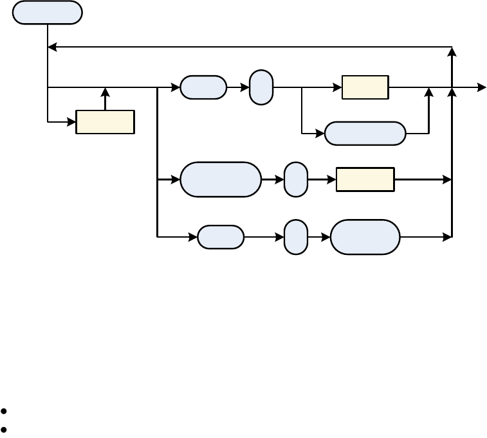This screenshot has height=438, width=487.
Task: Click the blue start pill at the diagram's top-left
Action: point(48,13)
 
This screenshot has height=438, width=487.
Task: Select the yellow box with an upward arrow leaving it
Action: point(105,122)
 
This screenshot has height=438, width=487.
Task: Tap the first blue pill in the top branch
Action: point(203,87)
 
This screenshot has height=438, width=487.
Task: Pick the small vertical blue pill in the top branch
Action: point(261,87)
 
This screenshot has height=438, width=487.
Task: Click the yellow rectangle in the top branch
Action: point(365,87)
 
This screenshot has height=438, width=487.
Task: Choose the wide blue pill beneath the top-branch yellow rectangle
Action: point(365,134)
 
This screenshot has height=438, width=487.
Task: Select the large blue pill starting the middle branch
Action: point(221,179)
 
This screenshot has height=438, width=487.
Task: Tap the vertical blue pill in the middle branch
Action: point(296,179)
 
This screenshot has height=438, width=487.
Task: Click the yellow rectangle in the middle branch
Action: point(365,179)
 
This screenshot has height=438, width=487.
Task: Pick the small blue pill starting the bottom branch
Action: point(221,237)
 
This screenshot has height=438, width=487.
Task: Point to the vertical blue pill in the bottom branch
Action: point(296,237)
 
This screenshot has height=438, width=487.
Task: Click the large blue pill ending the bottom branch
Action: point(365,237)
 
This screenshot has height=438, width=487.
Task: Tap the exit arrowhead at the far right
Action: point(482,87)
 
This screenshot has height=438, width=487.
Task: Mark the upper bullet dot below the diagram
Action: point(5,411)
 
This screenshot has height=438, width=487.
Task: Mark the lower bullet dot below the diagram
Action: point(5,428)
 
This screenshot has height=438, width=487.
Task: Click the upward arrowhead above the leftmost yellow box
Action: point(105,92)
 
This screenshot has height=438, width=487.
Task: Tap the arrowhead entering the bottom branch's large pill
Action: point(327,237)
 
